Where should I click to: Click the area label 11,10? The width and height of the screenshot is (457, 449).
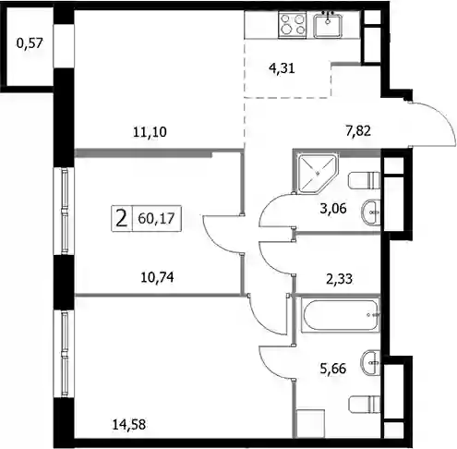[150, 132]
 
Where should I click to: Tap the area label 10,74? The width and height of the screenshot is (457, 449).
[157, 277]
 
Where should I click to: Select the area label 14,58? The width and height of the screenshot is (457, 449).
[129, 425]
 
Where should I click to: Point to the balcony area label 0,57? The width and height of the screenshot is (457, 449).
[30, 42]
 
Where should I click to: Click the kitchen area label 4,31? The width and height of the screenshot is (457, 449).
[282, 68]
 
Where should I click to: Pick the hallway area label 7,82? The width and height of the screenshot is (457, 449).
[358, 131]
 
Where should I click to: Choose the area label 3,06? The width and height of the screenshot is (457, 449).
[333, 209]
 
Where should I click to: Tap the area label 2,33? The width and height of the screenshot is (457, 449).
[339, 279]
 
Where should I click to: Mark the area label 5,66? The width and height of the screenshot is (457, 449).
[333, 368]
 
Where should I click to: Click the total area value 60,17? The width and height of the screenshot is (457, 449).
[156, 218]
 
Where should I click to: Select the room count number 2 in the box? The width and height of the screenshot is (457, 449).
[122, 219]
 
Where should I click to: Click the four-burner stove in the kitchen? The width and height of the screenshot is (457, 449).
[292, 25]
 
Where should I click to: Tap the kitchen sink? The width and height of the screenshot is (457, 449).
[328, 24]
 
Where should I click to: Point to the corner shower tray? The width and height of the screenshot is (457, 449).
[316, 174]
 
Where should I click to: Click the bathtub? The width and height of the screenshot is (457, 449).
[340, 315]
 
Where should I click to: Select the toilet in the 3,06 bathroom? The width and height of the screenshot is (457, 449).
[365, 180]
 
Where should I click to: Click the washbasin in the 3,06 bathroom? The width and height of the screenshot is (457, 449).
[371, 212]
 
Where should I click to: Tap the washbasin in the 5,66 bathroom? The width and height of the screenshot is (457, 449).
[371, 362]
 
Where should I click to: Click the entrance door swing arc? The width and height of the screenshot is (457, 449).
[443, 115]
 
